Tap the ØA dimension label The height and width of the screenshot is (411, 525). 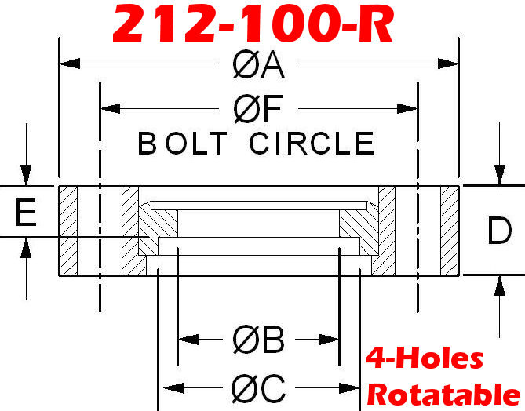click(258, 65)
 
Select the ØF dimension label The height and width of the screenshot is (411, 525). click(258, 109)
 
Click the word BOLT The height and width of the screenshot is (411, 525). click(183, 144)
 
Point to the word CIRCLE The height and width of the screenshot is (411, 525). click(312, 144)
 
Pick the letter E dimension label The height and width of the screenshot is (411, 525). click(26, 213)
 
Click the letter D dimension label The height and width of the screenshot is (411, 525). click(500, 231)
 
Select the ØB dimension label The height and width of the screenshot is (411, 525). click(258, 340)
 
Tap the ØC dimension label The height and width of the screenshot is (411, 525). click(258, 389)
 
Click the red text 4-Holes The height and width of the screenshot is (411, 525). click(425, 358)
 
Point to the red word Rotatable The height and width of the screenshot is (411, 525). click(444, 395)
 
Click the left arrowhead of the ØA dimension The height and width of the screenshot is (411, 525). click(70, 64)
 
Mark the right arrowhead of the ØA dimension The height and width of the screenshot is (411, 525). click(447, 64)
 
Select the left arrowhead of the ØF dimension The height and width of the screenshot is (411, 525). click(111, 108)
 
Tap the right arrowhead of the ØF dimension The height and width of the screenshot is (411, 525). click(407, 108)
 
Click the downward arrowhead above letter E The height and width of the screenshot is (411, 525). click(26, 175)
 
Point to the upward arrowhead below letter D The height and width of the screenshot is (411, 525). click(500, 286)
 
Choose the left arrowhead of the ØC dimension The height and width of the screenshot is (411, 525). click(174, 388)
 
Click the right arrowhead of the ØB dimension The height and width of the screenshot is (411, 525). click(329, 340)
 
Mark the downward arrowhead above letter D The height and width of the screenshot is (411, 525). click(500, 175)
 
